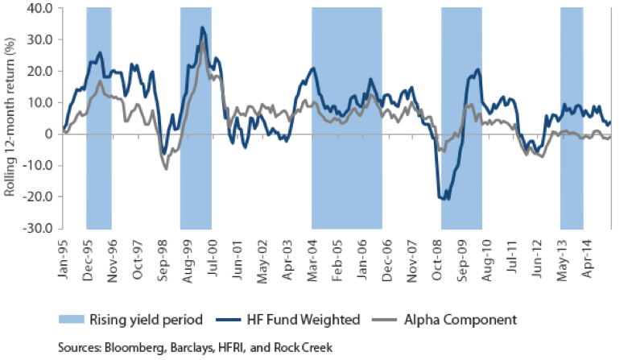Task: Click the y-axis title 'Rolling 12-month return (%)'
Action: click(10, 118)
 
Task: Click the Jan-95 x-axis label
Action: click(63, 251)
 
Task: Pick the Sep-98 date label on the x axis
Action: click(163, 251)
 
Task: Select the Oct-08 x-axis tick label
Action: click(437, 251)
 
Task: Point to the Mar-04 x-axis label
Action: click(312, 251)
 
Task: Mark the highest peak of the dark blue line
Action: click(202, 27)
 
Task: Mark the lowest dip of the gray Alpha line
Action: click(166, 168)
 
